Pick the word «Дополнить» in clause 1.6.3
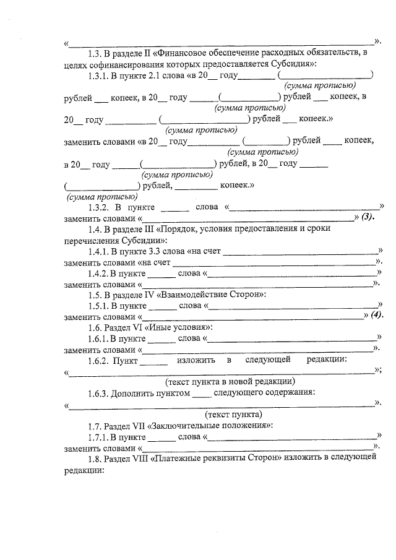[x=134, y=392]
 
